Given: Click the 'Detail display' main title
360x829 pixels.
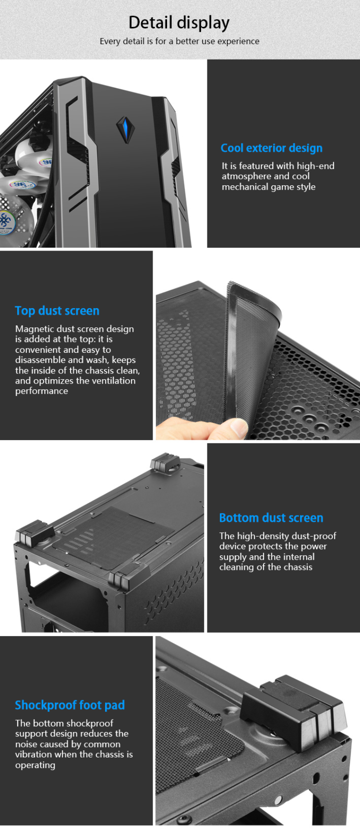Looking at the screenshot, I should coord(179,23).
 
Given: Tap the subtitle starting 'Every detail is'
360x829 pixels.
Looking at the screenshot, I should coord(179,41).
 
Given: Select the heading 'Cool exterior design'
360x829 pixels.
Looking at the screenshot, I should coord(271,148).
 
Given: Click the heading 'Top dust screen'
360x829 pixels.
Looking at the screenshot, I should coord(57,311).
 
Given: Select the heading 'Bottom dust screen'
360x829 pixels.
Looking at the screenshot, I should coord(271,517).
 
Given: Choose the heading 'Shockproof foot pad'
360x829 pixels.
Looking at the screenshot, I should coord(70,705).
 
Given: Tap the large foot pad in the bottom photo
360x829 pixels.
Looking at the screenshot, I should coord(293,708).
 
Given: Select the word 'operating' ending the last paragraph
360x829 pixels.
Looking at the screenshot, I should coord(35,765).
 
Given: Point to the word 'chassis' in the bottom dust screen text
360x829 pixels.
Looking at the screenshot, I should coord(298,567).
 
